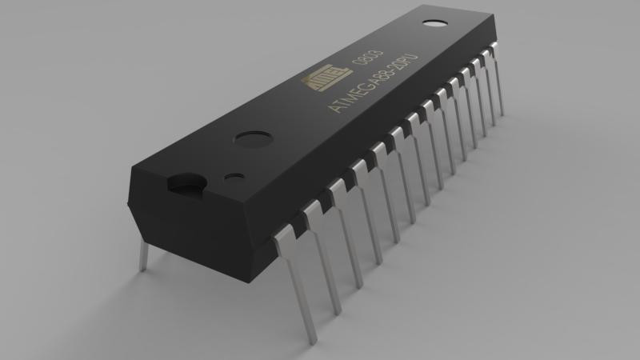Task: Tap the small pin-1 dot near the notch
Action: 234,175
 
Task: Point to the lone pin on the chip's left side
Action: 143,254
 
